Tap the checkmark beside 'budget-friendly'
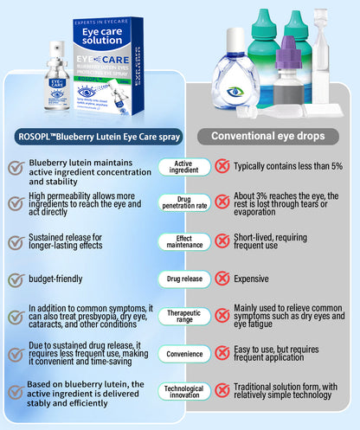point(15,279)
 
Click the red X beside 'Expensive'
point(222,279)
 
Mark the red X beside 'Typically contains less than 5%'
point(222,165)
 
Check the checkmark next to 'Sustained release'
point(15,241)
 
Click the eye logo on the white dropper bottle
point(236,91)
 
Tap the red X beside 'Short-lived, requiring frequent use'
point(222,241)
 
